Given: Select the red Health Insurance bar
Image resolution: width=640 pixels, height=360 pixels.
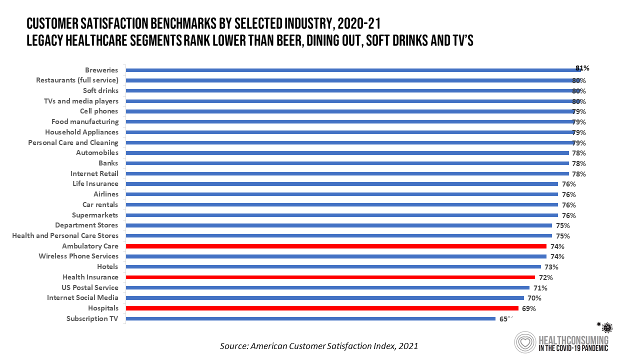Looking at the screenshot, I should pos(330,277).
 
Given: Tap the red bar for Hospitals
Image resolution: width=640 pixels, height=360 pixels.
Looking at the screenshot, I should pos(322,308).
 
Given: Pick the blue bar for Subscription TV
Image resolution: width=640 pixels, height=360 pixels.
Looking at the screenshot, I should pos(310,318).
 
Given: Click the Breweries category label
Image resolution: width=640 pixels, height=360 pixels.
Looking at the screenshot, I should pos(101,70).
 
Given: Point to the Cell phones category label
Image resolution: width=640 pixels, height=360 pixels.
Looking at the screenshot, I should pos(99,111).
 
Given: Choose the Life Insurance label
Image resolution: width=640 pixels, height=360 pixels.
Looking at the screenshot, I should pos(95,183).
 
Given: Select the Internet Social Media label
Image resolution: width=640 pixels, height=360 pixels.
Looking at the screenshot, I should pos(82,297).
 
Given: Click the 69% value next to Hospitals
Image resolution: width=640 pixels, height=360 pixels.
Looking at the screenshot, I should pos(529,308).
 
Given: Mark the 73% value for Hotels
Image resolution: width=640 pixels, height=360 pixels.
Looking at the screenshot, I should pos(551,267).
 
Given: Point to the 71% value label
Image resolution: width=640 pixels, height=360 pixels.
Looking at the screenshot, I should pos(540,288).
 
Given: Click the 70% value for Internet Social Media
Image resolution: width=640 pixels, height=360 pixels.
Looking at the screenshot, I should pos(535,298).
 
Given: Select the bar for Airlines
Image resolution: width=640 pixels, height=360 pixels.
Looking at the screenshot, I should pos(341,194).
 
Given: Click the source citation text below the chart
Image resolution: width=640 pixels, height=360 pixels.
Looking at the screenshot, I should pos(319,345).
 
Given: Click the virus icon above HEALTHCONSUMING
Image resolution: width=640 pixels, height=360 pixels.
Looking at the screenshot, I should pos(607,327).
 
